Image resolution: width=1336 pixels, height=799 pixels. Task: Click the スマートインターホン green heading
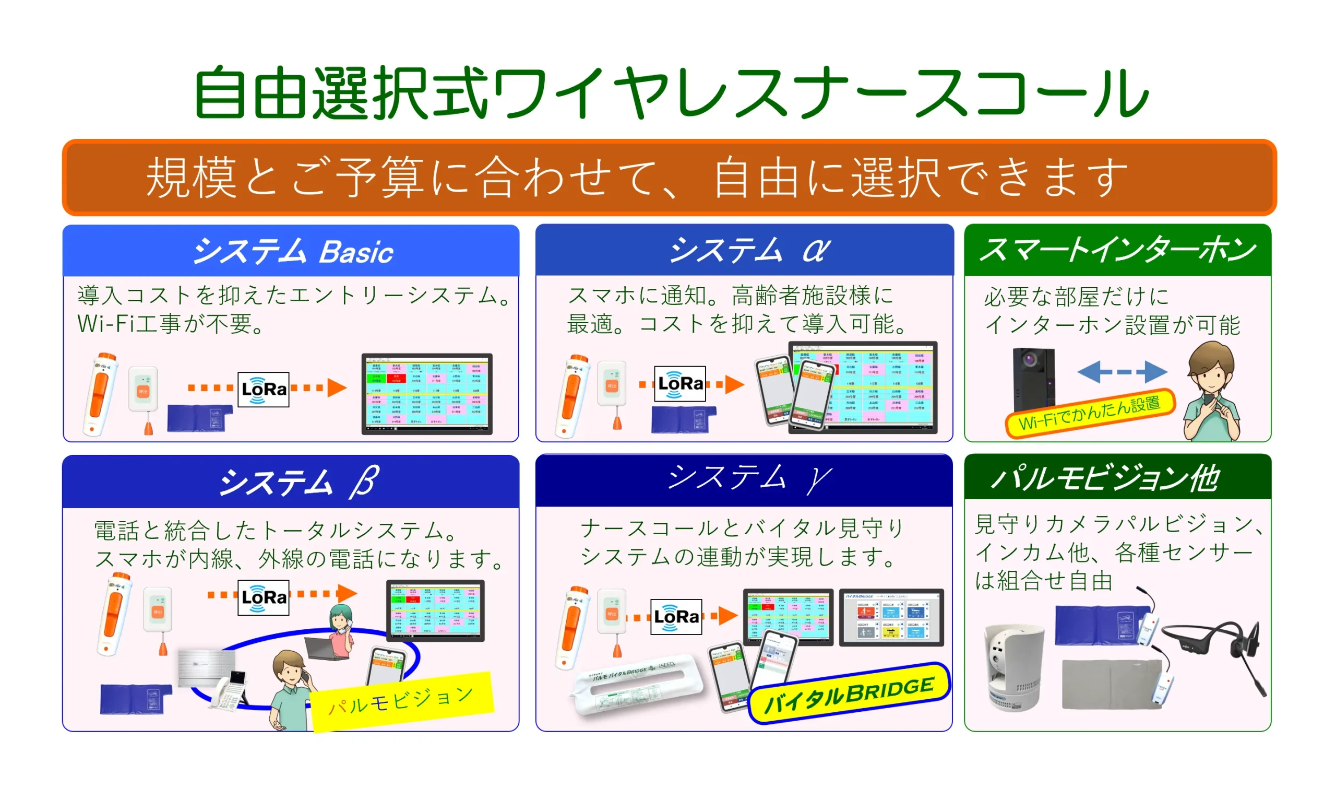tap(1117, 250)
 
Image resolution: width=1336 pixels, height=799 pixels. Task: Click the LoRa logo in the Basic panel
tap(263, 389)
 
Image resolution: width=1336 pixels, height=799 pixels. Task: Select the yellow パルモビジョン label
tap(401, 701)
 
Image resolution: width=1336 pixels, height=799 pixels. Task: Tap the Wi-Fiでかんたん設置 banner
tap(1089, 413)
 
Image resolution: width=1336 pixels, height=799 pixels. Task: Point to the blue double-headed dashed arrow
tap(1122, 371)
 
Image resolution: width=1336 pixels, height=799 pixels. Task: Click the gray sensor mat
tap(1108, 684)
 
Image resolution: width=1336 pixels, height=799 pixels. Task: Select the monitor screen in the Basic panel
tap(427, 393)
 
